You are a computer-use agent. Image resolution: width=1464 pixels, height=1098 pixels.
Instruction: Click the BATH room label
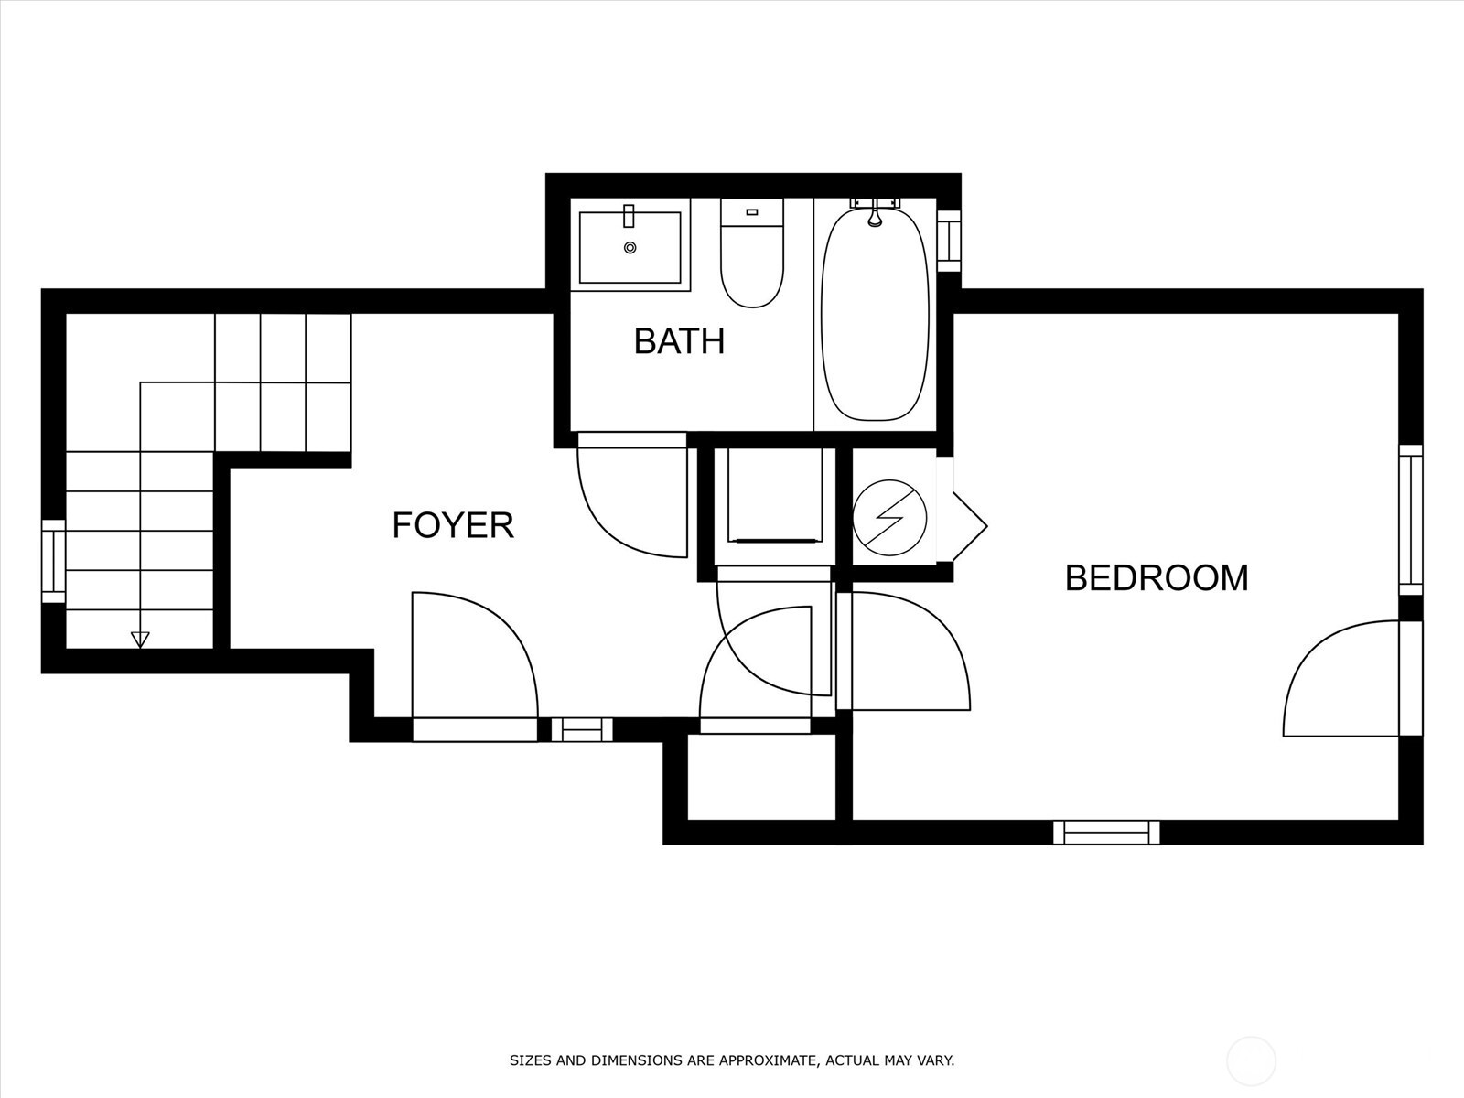click(x=679, y=341)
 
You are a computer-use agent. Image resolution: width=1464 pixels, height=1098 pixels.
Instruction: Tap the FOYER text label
click(x=453, y=525)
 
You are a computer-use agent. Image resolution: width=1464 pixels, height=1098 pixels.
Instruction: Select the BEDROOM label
click(x=1157, y=578)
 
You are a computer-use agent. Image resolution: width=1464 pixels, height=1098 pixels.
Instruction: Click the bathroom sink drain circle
click(x=630, y=248)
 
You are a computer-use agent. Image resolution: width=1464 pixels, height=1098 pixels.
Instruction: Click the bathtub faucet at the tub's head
click(x=875, y=216)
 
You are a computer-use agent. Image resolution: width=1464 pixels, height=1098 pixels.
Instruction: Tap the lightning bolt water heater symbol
click(x=889, y=518)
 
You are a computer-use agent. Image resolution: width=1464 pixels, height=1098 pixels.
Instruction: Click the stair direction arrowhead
click(x=140, y=639)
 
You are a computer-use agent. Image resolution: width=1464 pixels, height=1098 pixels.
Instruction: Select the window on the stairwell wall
click(x=54, y=561)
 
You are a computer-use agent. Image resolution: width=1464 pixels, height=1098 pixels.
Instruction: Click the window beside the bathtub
click(x=950, y=240)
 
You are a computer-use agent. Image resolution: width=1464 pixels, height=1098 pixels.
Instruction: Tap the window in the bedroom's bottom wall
click(x=1106, y=832)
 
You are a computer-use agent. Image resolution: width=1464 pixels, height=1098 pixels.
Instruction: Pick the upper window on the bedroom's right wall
click(x=1410, y=520)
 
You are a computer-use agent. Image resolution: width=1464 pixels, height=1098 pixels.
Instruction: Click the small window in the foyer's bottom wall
click(x=582, y=729)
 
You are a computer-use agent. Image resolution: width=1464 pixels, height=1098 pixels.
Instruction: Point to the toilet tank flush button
click(x=752, y=212)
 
